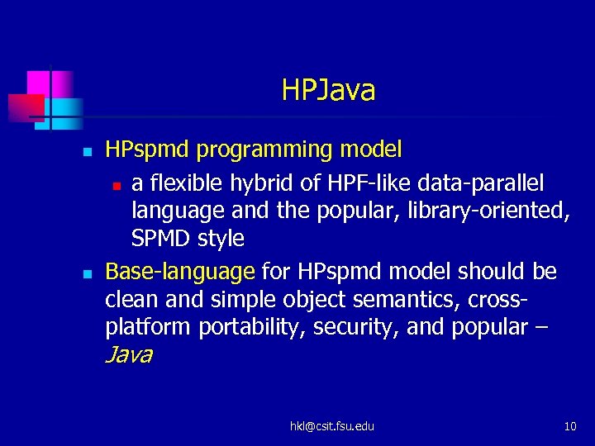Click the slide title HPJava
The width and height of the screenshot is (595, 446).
pos(328,90)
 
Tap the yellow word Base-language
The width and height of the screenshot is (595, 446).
pos(180,271)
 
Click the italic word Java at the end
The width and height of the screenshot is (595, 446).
pos(129,356)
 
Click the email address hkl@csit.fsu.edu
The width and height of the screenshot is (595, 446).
pos(331,426)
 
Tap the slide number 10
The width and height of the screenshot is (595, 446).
pos(569,426)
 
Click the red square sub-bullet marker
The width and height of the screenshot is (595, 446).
pos(117,183)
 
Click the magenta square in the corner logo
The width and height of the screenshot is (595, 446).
pos(39,83)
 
